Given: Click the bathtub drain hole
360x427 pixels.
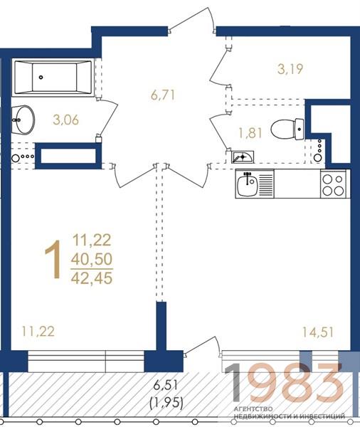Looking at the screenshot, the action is pyautogui.click(x=41, y=78).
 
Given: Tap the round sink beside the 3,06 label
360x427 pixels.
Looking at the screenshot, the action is pyautogui.click(x=23, y=120).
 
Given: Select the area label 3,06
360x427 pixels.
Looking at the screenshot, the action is pyautogui.click(x=66, y=120).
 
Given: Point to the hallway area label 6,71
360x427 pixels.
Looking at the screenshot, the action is pyautogui.click(x=163, y=95).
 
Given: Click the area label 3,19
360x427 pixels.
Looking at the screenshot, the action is pyautogui.click(x=290, y=69).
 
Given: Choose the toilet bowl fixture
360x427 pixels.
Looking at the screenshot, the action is pyautogui.click(x=287, y=130).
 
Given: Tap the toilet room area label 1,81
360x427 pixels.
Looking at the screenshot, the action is pyautogui.click(x=250, y=133).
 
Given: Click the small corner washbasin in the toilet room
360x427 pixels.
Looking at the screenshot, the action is pyautogui.click(x=243, y=157).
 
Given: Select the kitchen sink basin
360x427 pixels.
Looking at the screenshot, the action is pyautogui.click(x=248, y=184).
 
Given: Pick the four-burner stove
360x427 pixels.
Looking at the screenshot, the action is pyautogui.click(x=333, y=184).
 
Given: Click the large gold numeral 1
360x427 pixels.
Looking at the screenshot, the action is pyautogui.click(x=53, y=260).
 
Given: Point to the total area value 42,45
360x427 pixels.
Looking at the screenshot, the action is pyautogui.click(x=92, y=278).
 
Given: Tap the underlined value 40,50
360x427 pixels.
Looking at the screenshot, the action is pyautogui.click(x=92, y=259).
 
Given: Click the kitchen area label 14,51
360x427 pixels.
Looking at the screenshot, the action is pyautogui.click(x=318, y=332).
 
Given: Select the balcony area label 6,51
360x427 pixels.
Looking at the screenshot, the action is pyautogui.click(x=165, y=385).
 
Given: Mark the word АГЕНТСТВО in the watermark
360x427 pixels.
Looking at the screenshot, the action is pyautogui.click(x=253, y=409).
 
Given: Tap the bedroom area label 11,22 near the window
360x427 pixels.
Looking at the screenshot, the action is pyautogui.click(x=38, y=332).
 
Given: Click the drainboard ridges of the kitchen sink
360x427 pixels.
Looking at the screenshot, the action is pyautogui.click(x=266, y=183).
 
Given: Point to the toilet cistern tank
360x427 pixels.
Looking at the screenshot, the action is pyautogui.click(x=300, y=130).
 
